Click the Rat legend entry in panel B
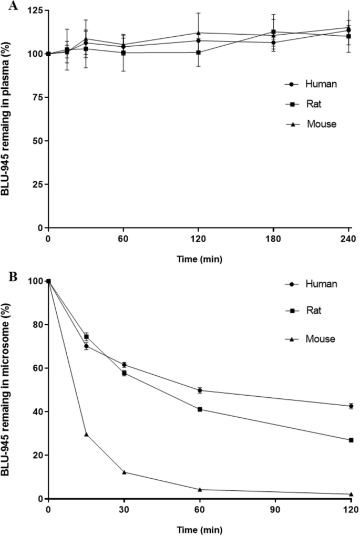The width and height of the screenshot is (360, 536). point(304,311)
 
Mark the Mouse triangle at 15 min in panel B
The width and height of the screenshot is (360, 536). point(86,435)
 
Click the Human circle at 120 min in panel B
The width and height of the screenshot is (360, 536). point(351,406)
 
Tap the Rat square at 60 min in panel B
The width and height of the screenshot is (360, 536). point(200,409)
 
